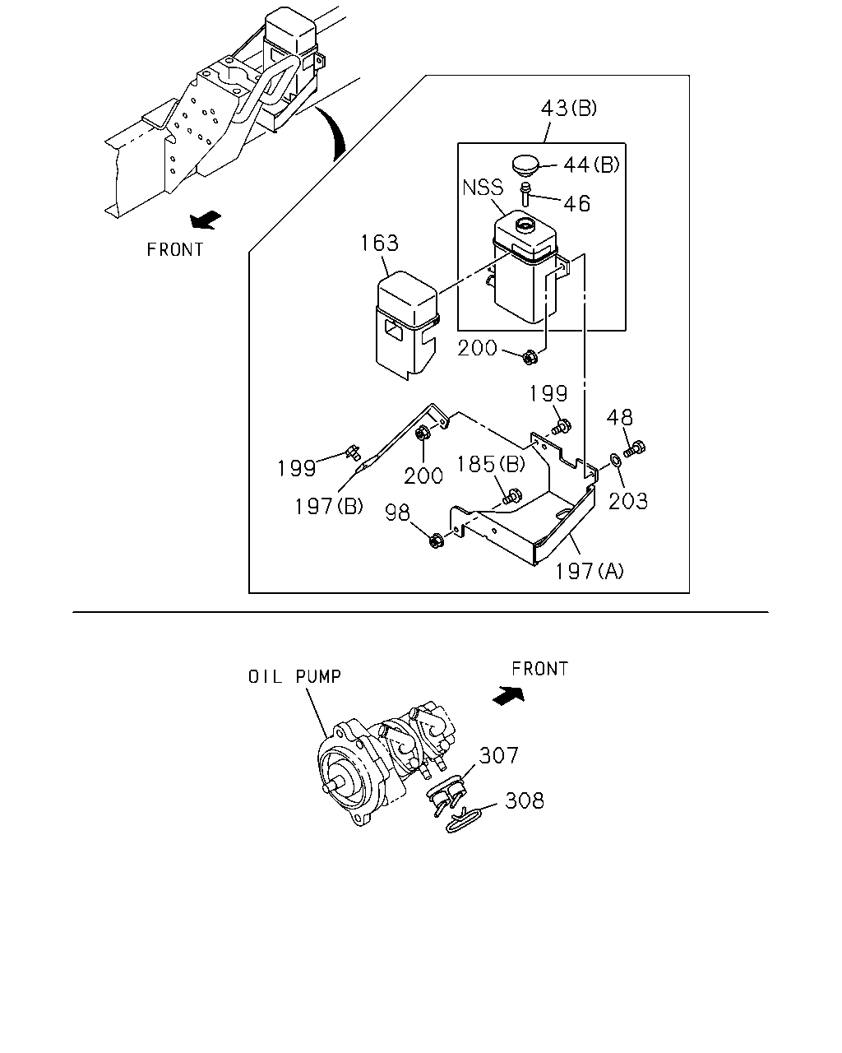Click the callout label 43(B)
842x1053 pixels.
coord(568,108)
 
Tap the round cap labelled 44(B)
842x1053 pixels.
coord(525,164)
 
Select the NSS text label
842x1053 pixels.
coord(483,188)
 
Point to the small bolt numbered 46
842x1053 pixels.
coord(526,194)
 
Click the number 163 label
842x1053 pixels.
coord(380,244)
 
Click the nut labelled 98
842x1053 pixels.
coord(436,540)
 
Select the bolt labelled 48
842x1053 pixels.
coord(635,448)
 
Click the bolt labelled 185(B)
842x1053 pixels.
coord(511,497)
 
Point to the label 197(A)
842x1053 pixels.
coord(590,571)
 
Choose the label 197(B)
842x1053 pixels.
coord(329,506)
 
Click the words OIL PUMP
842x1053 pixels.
coord(294,677)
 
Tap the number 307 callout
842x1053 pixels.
coord(498,755)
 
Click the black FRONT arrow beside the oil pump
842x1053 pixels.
coord(508,696)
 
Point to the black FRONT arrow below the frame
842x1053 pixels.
coord(206,219)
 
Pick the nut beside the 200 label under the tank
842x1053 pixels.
coord(530,357)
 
